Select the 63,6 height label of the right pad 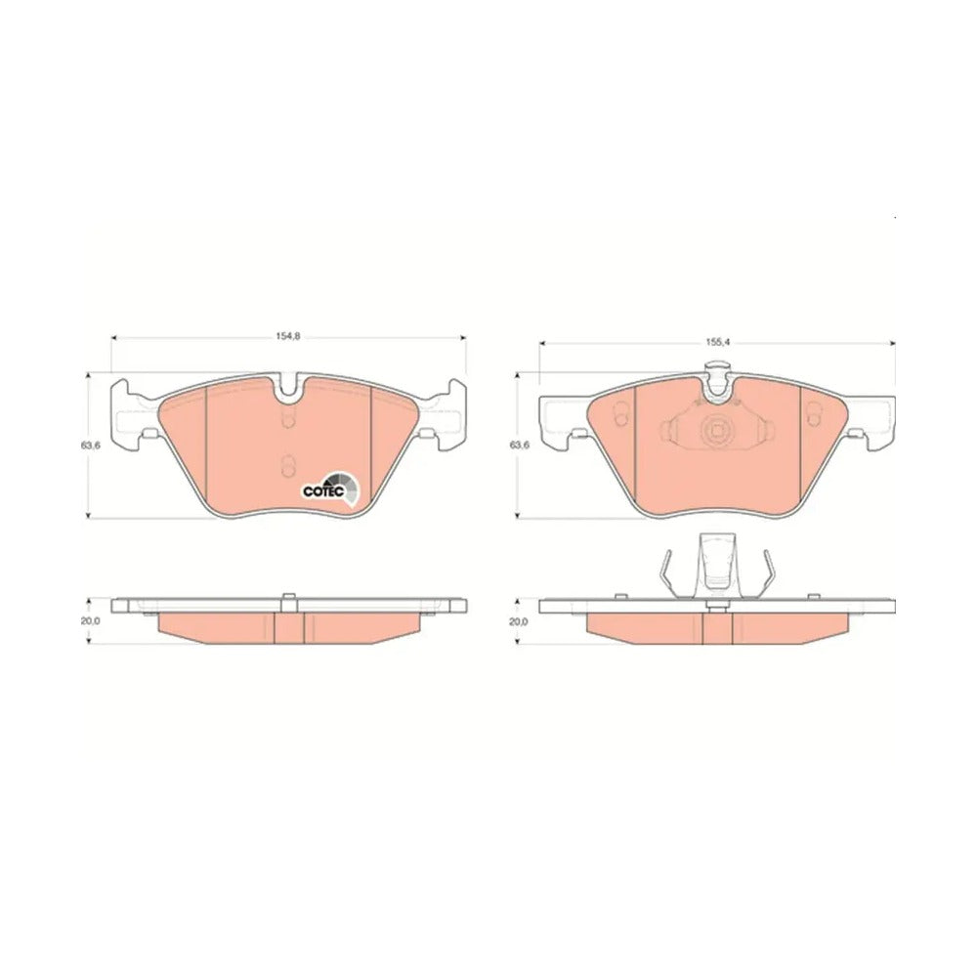coord(519,446)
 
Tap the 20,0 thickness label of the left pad coord(90,621)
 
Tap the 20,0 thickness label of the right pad coord(519,621)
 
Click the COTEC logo coord(331,488)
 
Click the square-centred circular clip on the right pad coord(715,430)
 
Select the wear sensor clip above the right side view coord(716,566)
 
